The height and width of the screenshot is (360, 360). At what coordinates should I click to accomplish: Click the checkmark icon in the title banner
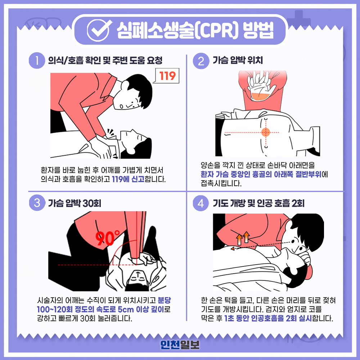(99, 30)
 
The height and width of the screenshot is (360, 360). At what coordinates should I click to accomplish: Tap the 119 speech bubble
(167, 76)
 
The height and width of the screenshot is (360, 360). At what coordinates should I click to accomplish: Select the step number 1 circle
(37, 60)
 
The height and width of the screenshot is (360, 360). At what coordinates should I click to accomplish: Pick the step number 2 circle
(201, 61)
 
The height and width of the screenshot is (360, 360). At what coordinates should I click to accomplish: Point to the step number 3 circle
(37, 203)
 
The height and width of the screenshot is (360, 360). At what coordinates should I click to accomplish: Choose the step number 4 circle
(201, 203)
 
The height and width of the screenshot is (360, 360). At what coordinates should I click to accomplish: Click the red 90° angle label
(107, 238)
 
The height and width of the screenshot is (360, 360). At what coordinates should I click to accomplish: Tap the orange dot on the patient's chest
(266, 132)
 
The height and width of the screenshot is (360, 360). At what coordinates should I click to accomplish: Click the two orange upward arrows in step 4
(243, 238)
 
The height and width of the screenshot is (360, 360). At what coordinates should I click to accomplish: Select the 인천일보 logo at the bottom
(180, 345)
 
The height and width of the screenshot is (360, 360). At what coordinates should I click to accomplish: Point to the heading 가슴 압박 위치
(237, 60)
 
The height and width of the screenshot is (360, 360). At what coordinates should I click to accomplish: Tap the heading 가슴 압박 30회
(75, 203)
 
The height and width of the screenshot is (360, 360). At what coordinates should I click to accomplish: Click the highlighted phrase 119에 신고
(128, 179)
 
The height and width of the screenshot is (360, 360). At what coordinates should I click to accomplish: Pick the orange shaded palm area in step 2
(261, 96)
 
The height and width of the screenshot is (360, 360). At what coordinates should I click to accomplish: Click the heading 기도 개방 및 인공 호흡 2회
(259, 203)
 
